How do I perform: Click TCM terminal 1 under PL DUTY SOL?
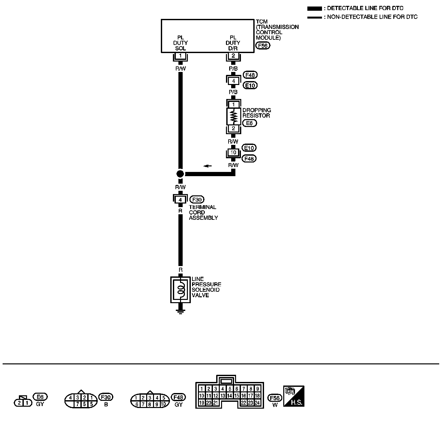tap(180, 56)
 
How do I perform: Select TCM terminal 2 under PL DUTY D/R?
tap(233, 56)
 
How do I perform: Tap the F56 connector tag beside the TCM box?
tap(263, 46)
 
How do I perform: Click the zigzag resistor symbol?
tap(233, 117)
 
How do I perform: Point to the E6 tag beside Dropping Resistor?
tap(249, 123)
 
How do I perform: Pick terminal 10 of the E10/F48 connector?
tap(233, 152)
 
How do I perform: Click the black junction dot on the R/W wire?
tap(180, 174)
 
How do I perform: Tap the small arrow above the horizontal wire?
tap(207, 166)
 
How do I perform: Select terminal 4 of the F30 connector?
tap(180, 199)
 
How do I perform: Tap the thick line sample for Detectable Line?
tap(315, 8)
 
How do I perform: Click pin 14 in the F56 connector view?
tap(230, 396)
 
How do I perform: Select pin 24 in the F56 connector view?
tap(257, 402)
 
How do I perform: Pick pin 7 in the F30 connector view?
tap(77, 404)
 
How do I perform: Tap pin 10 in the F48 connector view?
tap(163, 404)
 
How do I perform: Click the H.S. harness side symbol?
tap(294, 396)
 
